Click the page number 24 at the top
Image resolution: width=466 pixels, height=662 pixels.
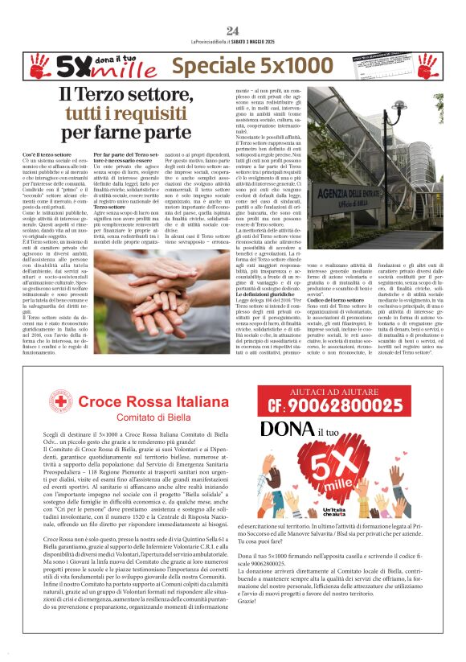[233, 31]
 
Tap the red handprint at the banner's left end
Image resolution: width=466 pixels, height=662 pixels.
[39, 65]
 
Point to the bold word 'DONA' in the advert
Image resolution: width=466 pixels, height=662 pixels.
[290, 428]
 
